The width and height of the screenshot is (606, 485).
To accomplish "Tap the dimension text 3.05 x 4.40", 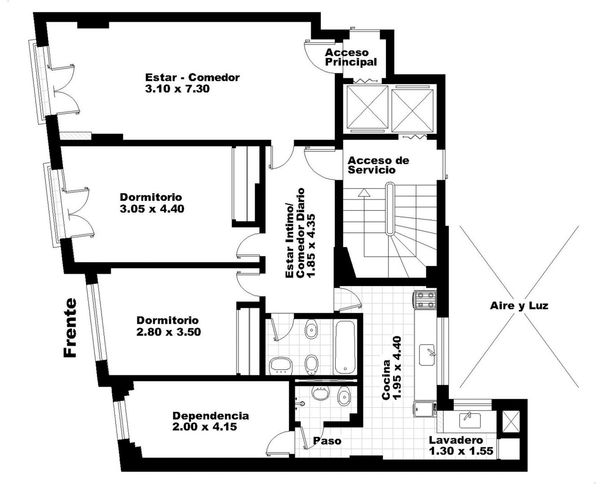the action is pos(152,209).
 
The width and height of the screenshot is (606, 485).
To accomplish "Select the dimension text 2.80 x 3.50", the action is pos(169,332).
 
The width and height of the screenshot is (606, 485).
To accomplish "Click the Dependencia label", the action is pos(211,416).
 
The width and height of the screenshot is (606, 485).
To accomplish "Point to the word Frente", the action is pos(70,328).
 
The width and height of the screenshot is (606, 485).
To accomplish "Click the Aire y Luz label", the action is pos(519,306).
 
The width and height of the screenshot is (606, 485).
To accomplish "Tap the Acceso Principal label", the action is pos(351,57).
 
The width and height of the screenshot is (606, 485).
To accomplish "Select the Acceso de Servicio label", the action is pos(378,165).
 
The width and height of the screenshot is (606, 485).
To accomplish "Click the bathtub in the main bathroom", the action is pos(345,347).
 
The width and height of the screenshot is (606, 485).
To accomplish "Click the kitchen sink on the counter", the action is pos(427,355).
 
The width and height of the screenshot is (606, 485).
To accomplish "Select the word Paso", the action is pos(327,441).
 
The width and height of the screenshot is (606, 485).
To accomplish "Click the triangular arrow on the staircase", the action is pos(364,193).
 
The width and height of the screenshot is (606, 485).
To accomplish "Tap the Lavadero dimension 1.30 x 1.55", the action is pos(461,451).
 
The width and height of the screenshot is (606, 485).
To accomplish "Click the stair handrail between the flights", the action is pos(390,209).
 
